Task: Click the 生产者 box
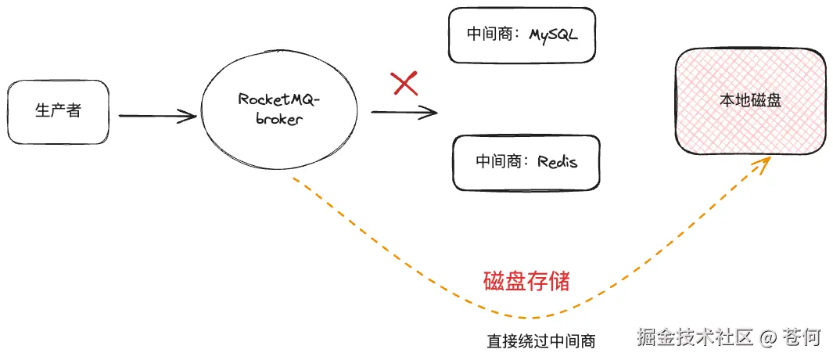58,111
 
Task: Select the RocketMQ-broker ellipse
279,110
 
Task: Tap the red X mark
404,82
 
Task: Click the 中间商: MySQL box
522,35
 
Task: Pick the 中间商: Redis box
526,162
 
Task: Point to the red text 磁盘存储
526,280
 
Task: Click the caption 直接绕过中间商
540,341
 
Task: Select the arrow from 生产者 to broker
156,117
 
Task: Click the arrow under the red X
404,112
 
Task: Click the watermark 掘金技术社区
695,337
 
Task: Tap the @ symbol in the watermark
768,337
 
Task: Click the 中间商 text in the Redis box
498,162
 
